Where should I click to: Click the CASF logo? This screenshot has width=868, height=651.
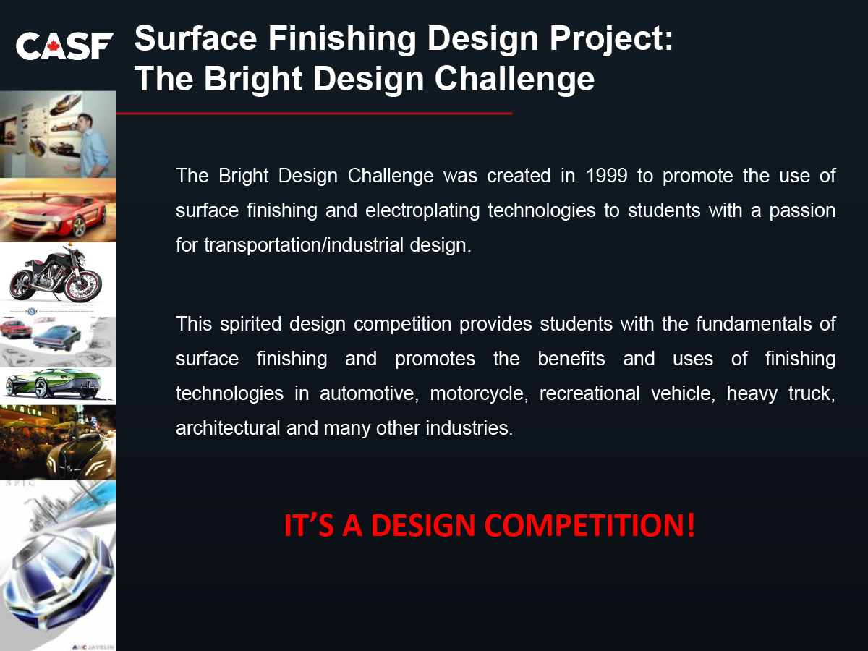pyautogui.click(x=64, y=46)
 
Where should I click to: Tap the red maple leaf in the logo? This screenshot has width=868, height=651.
pyautogui.click(x=53, y=46)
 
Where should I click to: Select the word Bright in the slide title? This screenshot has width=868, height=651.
pyautogui.click(x=253, y=80)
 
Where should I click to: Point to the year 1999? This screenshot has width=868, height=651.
pyautogui.click(x=607, y=176)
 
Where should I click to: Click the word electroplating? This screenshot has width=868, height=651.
pyautogui.click(x=422, y=211)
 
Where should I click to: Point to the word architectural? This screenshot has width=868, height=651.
pyautogui.click(x=228, y=428)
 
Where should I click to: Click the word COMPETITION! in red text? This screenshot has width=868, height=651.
pyautogui.click(x=590, y=525)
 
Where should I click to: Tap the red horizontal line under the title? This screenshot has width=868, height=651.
pyautogui.click(x=314, y=114)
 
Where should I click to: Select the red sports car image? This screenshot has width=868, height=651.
pyautogui.click(x=58, y=210)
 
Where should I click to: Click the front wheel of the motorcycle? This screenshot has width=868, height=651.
pyautogui.click(x=85, y=286)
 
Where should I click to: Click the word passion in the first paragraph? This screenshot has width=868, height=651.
pyautogui.click(x=802, y=211)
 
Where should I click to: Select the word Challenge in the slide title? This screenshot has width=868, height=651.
pyautogui.click(x=514, y=80)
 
